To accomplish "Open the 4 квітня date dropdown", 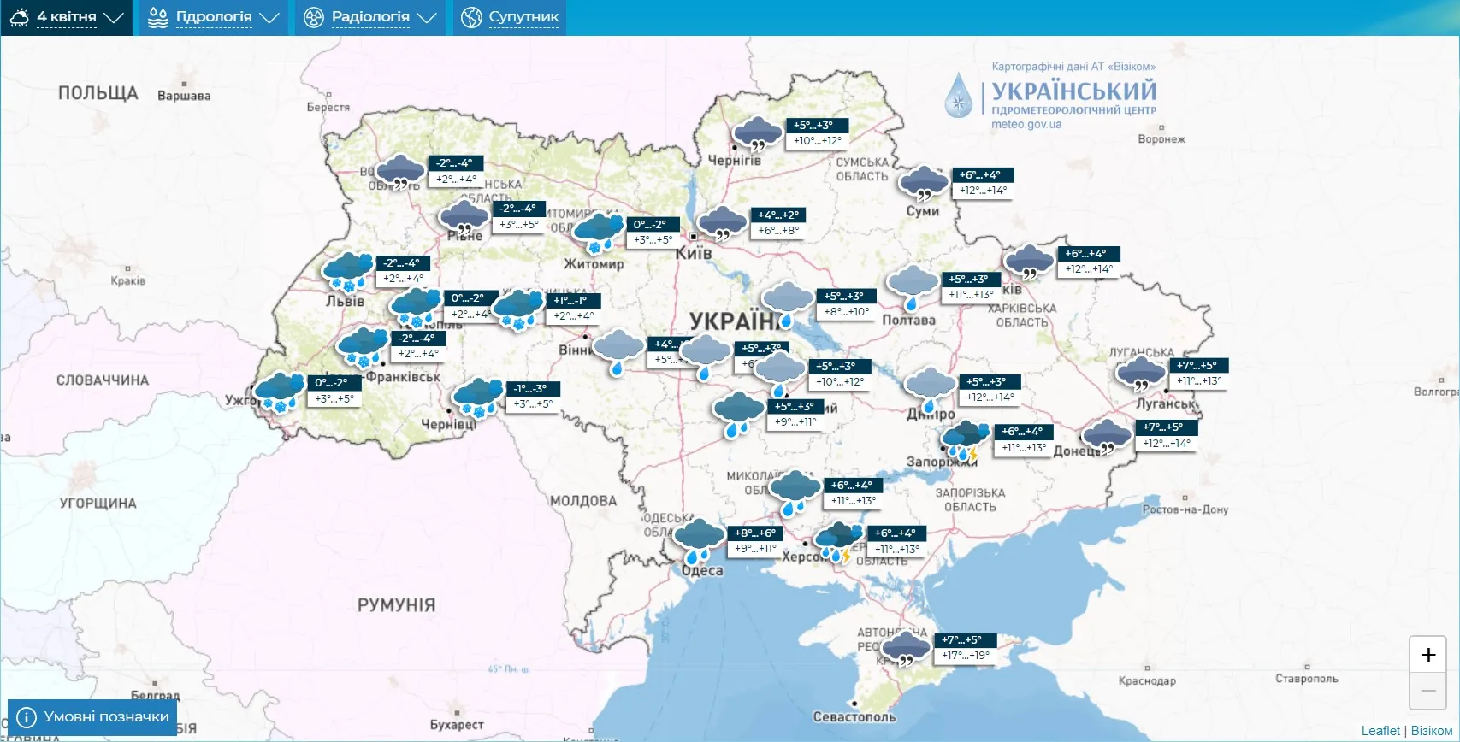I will point(67,17).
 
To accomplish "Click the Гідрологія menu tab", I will point(214,17).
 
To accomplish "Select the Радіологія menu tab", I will point(370,17).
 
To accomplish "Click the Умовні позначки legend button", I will point(92,717).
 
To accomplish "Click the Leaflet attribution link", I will point(1380,731).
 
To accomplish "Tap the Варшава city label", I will point(184,96).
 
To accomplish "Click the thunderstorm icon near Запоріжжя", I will point(966,439).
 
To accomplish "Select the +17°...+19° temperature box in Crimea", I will point(965,656).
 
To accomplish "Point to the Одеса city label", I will point(702,571).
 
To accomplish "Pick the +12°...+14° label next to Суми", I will point(983,191).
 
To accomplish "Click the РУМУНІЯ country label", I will point(396,604).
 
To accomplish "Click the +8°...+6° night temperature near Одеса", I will point(754,533).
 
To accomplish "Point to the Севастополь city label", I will point(854,716).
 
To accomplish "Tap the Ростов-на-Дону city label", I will point(1185,509).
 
